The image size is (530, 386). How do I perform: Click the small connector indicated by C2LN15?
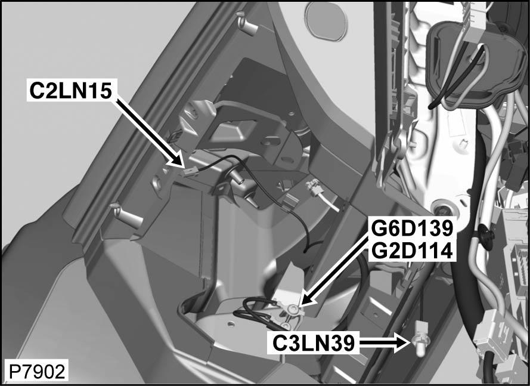click(x=190, y=172)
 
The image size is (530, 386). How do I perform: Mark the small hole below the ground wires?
click(x=230, y=325)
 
